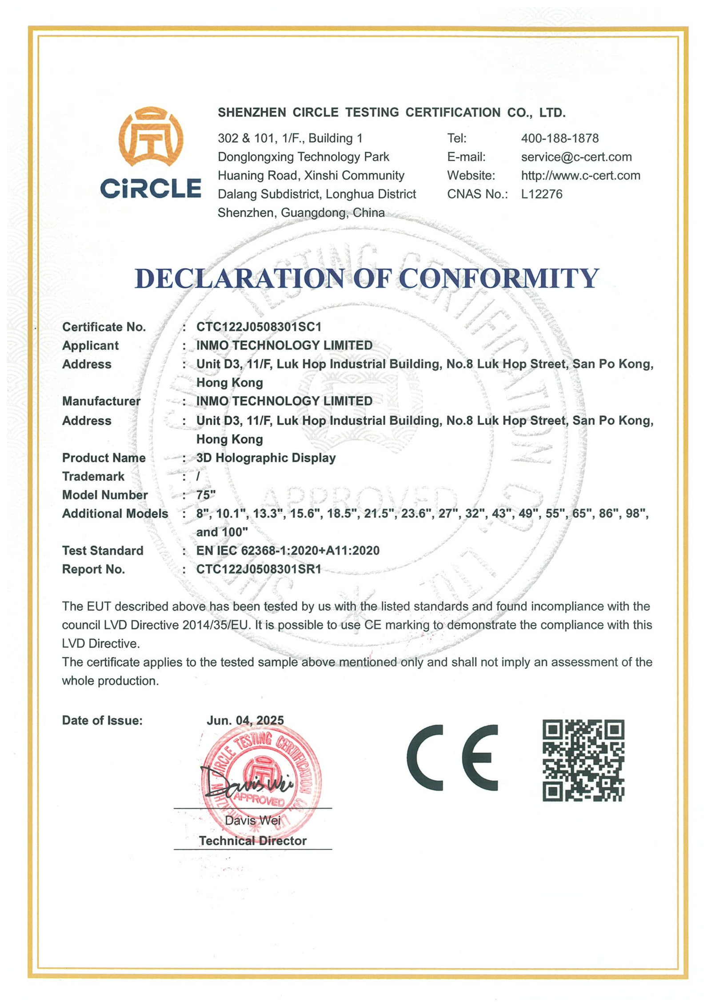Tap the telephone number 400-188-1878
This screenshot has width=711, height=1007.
559,138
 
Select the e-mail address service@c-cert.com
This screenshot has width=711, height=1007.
576,157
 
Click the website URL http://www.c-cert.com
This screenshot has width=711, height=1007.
580,176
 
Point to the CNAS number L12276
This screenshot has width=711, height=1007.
541,194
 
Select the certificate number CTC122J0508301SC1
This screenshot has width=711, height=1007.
259,327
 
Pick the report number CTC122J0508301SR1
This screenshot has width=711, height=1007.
259,569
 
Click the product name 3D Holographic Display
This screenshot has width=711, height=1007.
266,458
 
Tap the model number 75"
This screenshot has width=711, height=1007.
206,495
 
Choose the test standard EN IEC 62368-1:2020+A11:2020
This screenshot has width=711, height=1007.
288,551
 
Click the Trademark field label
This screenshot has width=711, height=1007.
93,476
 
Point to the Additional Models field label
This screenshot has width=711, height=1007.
115,514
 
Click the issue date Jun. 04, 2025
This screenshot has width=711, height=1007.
245,720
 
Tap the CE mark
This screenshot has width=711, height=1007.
452,757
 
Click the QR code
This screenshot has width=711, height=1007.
583,760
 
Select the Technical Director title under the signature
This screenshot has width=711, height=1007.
252,841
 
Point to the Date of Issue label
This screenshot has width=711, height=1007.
102,721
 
